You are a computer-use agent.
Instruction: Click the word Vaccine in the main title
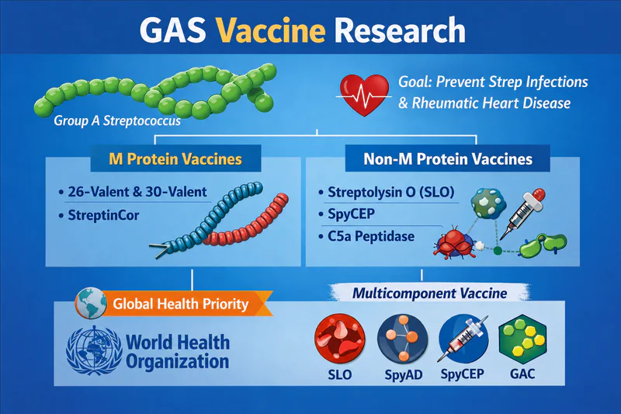point(270,30)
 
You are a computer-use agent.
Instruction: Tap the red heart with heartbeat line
point(364,95)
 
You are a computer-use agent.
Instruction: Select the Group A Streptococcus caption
point(117,121)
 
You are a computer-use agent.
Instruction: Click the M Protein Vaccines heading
point(175,159)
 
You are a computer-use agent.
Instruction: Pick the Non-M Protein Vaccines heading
point(448,159)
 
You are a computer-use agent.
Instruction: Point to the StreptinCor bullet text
point(103,215)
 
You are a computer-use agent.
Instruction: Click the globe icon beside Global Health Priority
point(91,304)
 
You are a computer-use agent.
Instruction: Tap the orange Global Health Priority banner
point(181,304)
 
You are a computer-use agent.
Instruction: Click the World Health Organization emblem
point(94,350)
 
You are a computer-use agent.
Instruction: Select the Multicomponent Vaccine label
point(430,293)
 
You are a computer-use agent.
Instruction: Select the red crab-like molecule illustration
point(455,242)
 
